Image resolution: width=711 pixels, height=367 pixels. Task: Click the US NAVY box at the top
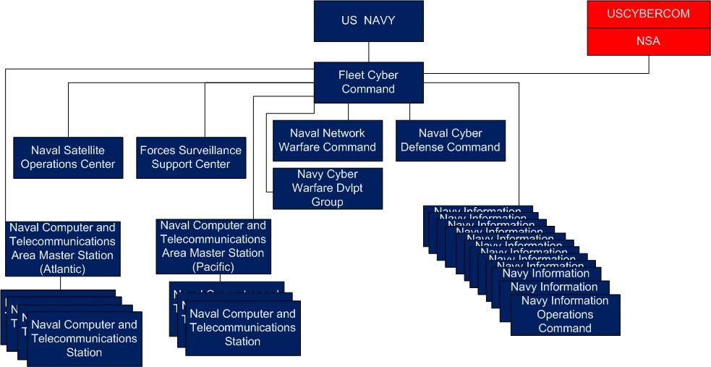click(x=368, y=20)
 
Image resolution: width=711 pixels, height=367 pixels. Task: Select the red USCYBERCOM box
click(x=649, y=14)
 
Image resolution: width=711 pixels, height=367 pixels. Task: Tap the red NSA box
click(x=649, y=41)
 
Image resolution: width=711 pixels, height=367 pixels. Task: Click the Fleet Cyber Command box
click(x=368, y=82)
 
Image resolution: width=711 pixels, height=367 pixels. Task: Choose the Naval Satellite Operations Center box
click(x=68, y=157)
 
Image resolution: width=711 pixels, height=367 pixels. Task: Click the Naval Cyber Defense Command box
click(x=449, y=140)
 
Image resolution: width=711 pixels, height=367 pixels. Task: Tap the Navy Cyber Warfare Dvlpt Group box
click(x=327, y=188)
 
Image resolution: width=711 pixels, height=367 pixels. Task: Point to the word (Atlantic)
click(x=62, y=269)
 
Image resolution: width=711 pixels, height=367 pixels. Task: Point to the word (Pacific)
click(x=213, y=267)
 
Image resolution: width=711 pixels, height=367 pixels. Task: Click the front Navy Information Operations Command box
click(x=565, y=315)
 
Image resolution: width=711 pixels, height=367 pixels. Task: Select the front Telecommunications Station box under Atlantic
click(x=84, y=339)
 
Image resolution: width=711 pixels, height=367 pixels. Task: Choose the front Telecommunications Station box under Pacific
click(x=242, y=328)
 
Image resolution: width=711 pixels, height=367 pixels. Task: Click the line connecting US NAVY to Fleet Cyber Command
click(x=369, y=51)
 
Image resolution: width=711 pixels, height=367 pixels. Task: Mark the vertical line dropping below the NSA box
click(x=649, y=64)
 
